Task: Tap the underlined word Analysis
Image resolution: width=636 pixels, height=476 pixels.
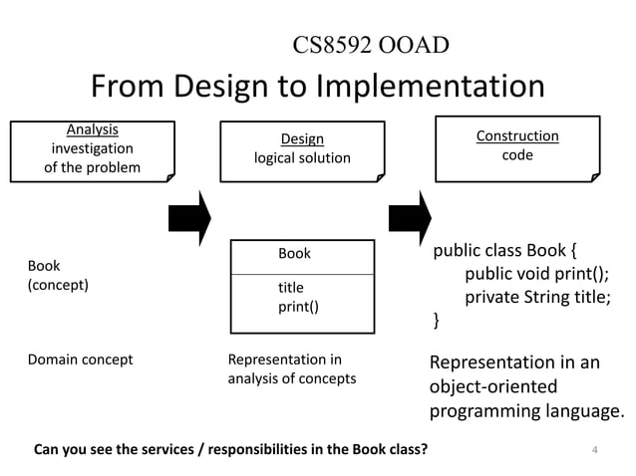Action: point(92,129)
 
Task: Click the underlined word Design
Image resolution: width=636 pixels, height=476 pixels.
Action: point(302,139)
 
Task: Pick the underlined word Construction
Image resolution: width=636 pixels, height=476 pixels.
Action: point(517,135)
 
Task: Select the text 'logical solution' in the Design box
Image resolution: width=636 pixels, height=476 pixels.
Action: point(302,158)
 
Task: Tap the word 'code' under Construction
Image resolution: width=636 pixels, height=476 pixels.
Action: point(517,155)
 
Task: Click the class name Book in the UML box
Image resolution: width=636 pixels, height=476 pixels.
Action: point(294,254)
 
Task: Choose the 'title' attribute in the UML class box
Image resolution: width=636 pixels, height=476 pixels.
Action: point(290,288)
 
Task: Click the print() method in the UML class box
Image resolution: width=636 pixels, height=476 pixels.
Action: point(298,307)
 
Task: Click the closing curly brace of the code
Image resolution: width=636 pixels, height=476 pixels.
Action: point(435,320)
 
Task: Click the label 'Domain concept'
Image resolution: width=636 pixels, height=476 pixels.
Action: point(80,359)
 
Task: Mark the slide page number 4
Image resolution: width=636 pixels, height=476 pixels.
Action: point(594,449)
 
